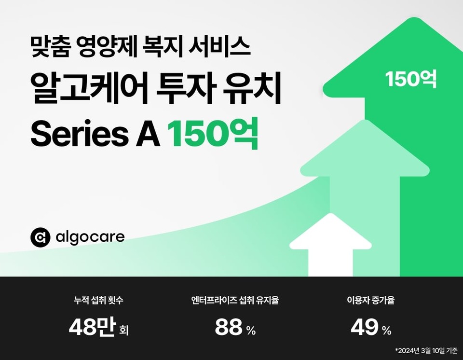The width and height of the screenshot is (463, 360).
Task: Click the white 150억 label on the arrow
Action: click(411, 80)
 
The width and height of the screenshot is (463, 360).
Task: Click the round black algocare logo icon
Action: click(40, 237)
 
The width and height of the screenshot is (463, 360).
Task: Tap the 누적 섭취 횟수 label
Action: click(98, 301)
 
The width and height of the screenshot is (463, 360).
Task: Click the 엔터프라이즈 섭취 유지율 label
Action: click(235, 301)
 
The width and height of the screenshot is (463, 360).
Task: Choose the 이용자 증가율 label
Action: click(371, 301)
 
